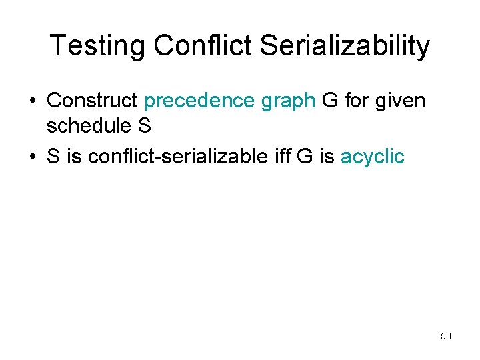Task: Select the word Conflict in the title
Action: (x=203, y=46)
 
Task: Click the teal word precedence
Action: (x=199, y=101)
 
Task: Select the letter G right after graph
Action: (x=330, y=101)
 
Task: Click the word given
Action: (x=403, y=101)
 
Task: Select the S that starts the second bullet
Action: (x=53, y=157)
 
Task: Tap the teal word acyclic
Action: (x=372, y=157)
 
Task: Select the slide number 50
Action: (x=446, y=336)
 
